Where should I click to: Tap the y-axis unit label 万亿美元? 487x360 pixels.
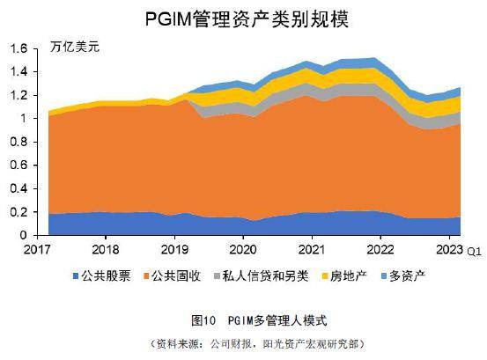pyautogui.click(x=75, y=47)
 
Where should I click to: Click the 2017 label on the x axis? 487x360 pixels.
pyautogui.click(x=38, y=250)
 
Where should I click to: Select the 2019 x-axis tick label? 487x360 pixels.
pyautogui.click(x=175, y=250)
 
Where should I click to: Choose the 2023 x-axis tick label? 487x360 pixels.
pyautogui.click(x=449, y=250)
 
